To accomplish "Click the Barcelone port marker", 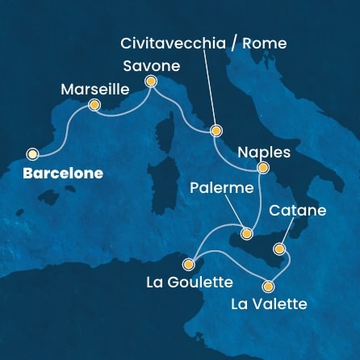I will coord(33,154).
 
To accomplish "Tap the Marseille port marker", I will coord(94,105).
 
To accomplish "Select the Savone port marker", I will coord(150,81).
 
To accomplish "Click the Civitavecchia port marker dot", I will coord(216,130).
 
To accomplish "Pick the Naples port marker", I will coord(262,168).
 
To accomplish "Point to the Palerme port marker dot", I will coord(247,233).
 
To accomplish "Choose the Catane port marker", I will coord(280,248).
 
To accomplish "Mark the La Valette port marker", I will coord(269,286).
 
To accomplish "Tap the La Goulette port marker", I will coord(188,264).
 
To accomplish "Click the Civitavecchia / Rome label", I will coord(203,42).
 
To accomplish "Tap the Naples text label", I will coord(264,151).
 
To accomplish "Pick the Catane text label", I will coord(298,211).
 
